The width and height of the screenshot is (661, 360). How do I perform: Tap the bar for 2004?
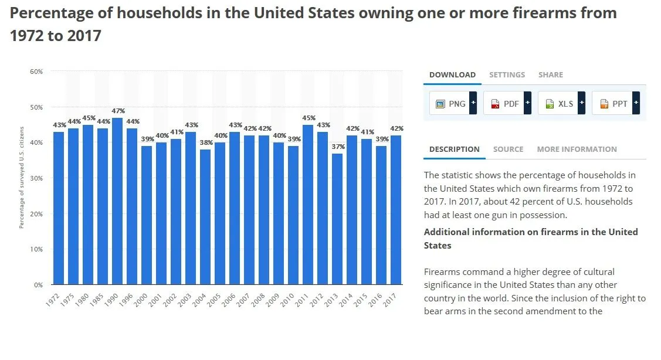coord(205,217)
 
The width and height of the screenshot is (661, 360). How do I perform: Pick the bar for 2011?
coord(308,205)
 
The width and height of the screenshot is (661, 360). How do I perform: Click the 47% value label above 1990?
coord(117,111)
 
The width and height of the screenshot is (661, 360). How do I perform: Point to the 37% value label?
coord(337,147)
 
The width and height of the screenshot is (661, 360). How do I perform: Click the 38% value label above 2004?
coord(205,143)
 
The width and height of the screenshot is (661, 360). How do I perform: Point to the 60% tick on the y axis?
coord(36,72)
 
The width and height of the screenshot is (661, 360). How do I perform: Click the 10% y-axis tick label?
coord(36,249)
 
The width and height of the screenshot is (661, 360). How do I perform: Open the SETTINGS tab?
coord(507,74)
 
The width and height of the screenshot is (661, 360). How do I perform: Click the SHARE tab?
coord(550,74)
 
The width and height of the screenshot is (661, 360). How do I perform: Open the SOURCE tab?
coord(508,149)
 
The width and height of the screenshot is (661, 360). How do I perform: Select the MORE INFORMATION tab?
coord(577,149)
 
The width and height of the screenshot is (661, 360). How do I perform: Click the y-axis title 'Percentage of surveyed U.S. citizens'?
coord(22,178)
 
